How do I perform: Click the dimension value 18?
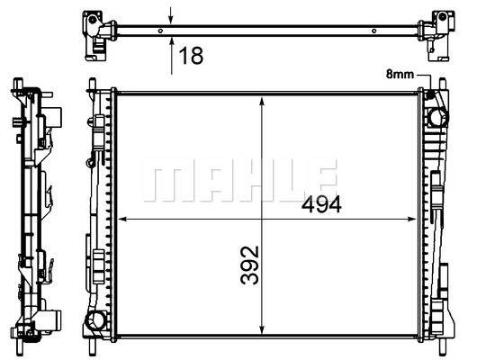pyautogui.click(x=191, y=56)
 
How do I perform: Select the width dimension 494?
pyautogui.click(x=321, y=204)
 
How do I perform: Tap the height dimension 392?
pyautogui.click(x=249, y=265)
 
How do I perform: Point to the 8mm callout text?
pyautogui.click(x=400, y=74)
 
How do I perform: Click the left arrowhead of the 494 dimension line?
pyautogui.click(x=122, y=219)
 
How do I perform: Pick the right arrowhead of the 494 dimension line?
pyautogui.click(x=411, y=219)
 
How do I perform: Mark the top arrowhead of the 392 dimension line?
pyautogui.click(x=262, y=102)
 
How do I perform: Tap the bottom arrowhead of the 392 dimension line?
pyautogui.click(x=262, y=329)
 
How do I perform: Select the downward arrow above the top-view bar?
pyautogui.click(x=171, y=15)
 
